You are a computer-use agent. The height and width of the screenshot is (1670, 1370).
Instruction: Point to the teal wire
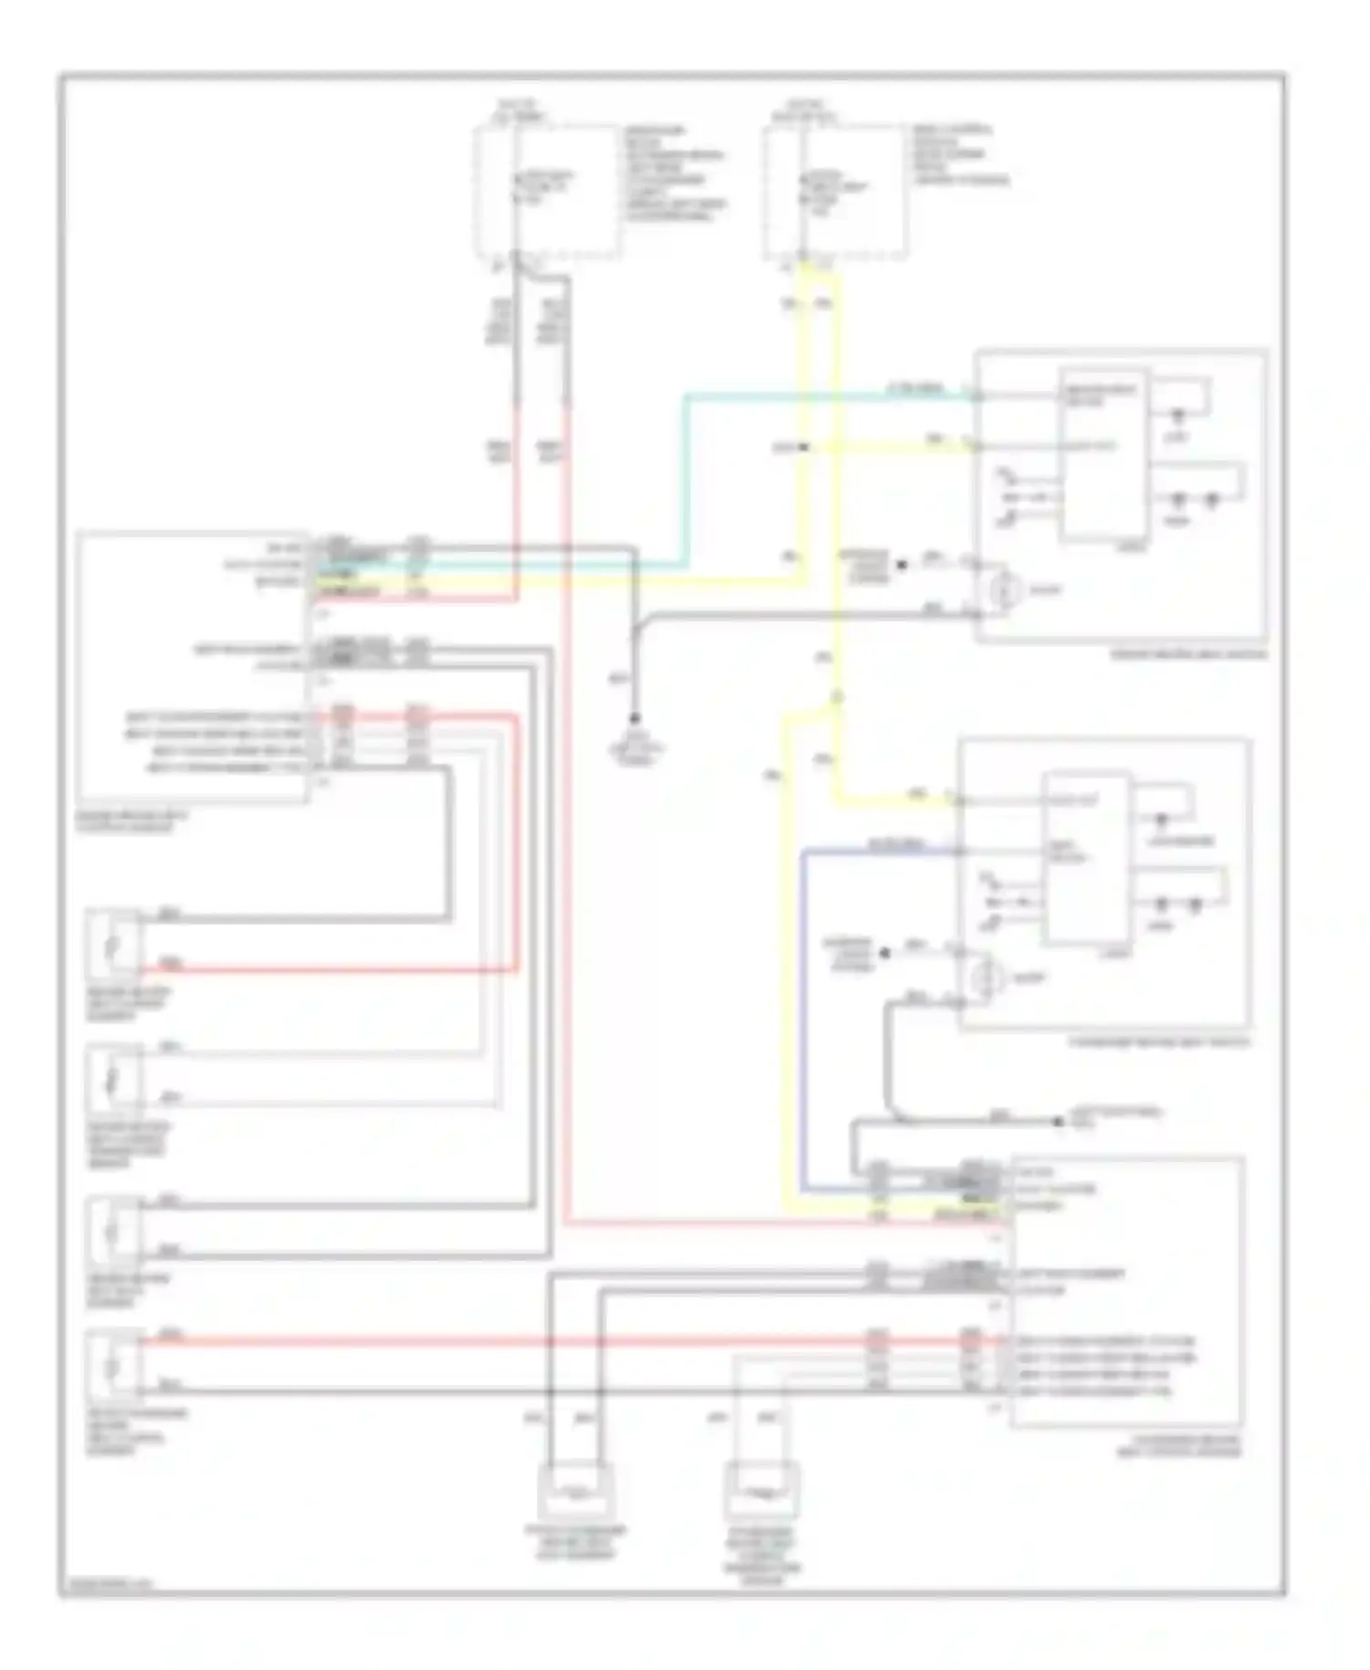(685, 475)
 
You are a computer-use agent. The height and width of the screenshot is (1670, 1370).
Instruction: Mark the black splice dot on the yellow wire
(804, 447)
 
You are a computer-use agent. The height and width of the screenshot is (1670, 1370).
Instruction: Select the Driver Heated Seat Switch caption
(1187, 654)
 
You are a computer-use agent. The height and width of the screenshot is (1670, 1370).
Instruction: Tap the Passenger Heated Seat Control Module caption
(1178, 1445)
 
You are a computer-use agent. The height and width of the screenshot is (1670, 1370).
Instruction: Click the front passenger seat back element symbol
(577, 1489)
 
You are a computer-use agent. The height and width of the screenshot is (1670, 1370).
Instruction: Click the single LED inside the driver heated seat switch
(1178, 416)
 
